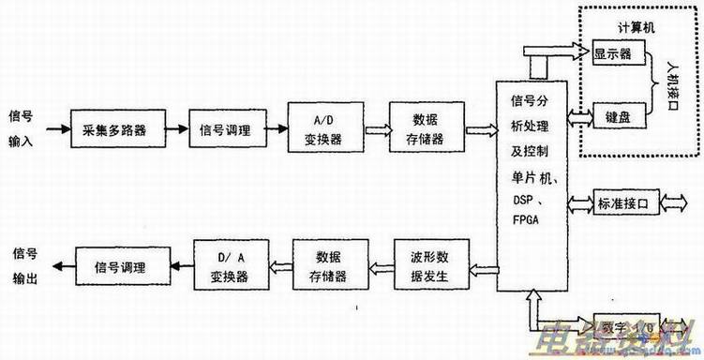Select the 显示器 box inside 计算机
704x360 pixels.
[612, 54]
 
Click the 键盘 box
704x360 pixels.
[612, 117]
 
